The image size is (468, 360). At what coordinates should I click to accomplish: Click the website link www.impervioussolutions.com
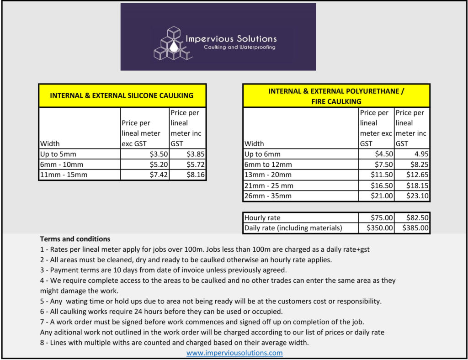[x=234, y=353]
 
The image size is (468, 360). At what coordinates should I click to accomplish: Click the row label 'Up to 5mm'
[x=57, y=154]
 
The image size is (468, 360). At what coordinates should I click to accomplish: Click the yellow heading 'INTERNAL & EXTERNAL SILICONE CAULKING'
[x=122, y=95]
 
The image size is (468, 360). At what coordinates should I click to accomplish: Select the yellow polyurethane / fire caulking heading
[x=336, y=96]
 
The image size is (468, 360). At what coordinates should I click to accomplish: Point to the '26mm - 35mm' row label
[x=268, y=196]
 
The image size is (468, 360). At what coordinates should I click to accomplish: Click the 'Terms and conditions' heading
[x=75, y=239]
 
